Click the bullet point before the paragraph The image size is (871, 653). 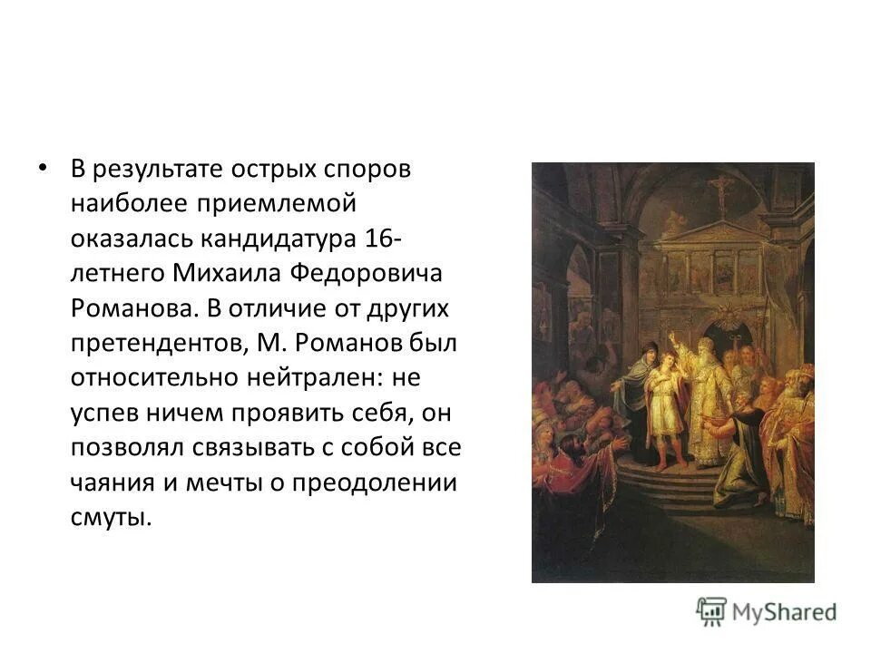[x=39, y=170]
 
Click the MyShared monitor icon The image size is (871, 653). [x=712, y=611]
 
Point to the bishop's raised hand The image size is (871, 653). [x=672, y=336]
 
